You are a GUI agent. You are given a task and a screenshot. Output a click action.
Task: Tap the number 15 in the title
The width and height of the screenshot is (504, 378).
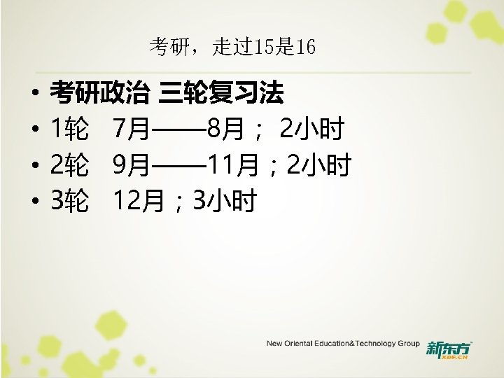pos(249,48)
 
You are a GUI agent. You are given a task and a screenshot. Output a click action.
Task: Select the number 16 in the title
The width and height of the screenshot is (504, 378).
pos(306,48)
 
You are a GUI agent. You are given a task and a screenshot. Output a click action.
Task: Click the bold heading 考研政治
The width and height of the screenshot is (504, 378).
pos(99,91)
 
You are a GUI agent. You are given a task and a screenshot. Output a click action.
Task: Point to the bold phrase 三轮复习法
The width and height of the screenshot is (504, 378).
pos(221,91)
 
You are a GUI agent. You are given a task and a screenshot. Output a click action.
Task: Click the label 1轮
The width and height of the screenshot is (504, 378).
pos(69,129)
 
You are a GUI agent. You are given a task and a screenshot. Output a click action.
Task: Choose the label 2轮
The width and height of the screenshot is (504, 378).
pos(69,166)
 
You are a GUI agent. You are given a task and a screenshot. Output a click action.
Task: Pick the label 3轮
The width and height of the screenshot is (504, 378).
pos(69,203)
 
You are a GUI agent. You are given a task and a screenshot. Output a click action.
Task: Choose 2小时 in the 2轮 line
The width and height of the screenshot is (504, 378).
pos(319,166)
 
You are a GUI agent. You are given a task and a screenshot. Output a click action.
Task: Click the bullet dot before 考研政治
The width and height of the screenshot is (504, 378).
pos(34,92)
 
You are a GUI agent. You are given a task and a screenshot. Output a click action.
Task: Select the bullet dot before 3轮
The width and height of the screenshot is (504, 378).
pos(34,204)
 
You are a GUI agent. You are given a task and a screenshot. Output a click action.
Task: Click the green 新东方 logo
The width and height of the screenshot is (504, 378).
pos(449,349)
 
